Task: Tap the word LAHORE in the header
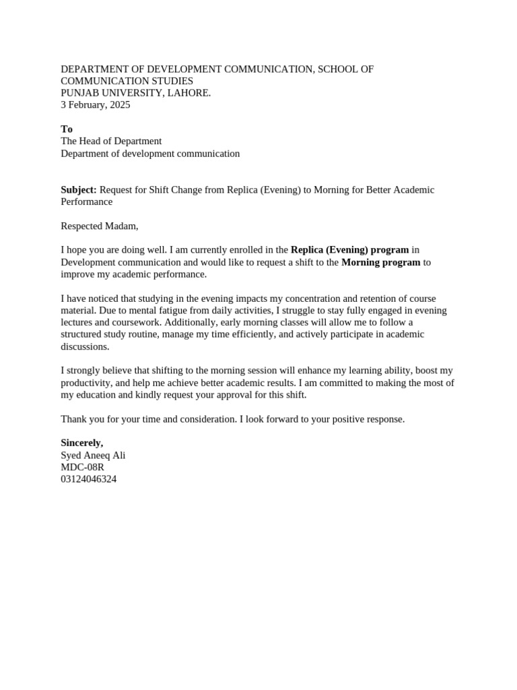click(x=190, y=93)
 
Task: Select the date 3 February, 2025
click(x=96, y=105)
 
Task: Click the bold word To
click(x=67, y=129)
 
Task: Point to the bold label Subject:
click(x=79, y=190)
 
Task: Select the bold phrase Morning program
click(x=380, y=263)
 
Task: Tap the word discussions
click(x=84, y=347)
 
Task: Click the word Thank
click(x=73, y=419)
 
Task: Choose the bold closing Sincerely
click(x=82, y=443)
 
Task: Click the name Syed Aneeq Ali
click(x=93, y=456)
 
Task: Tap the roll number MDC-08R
click(x=82, y=468)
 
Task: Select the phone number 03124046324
click(x=88, y=480)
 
